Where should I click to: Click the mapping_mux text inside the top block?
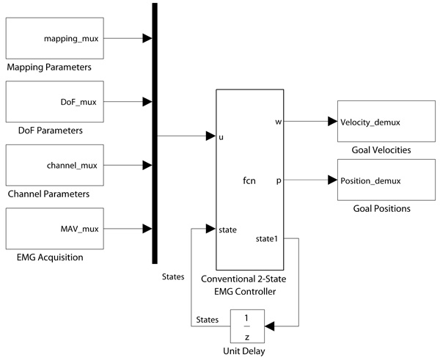click(x=75, y=36)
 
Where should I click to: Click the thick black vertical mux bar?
click(x=155, y=132)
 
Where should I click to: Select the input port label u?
click(x=221, y=136)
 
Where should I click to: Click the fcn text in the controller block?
click(x=249, y=180)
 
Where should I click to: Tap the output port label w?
click(x=279, y=122)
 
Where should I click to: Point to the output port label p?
click(x=279, y=180)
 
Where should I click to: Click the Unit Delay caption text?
click(x=247, y=351)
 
